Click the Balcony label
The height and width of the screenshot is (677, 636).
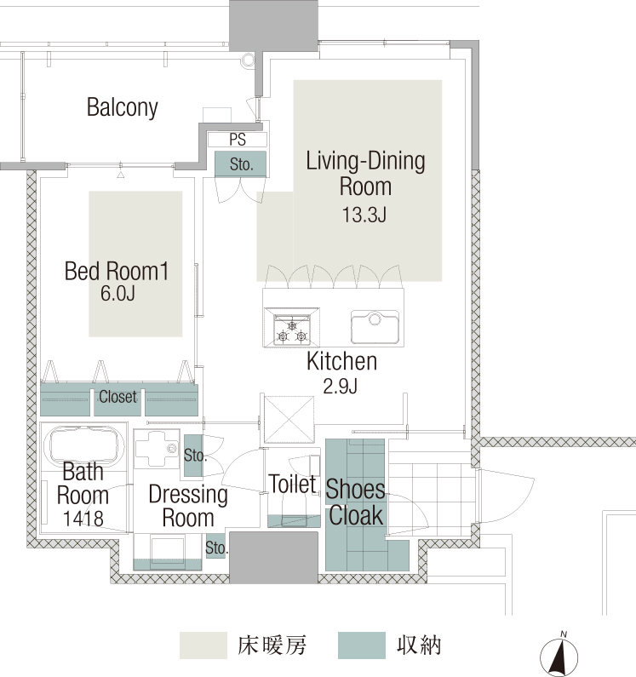coord(123,107)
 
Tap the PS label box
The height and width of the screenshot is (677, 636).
coord(238,140)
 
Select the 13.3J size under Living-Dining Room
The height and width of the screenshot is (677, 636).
coord(364,215)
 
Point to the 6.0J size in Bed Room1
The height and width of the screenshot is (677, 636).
coord(117,294)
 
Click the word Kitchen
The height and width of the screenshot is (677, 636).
coord(341,361)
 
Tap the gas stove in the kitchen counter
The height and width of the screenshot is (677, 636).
coord(292,327)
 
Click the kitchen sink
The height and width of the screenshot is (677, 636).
coord(375,327)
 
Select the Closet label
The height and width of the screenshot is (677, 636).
coord(117,397)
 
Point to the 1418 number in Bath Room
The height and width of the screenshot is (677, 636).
coord(83,519)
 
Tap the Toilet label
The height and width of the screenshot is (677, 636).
coord(292,484)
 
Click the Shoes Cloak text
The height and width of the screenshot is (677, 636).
coord(355,502)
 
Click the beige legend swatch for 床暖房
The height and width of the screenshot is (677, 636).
coord(203,645)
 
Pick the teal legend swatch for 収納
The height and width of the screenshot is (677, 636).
coord(362,645)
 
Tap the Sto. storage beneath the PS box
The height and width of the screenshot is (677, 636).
coord(240,164)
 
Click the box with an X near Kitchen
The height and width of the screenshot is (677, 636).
coord(289,420)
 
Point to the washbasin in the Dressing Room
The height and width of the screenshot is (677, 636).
coord(157,449)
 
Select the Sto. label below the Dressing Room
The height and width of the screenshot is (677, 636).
coord(216,548)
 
